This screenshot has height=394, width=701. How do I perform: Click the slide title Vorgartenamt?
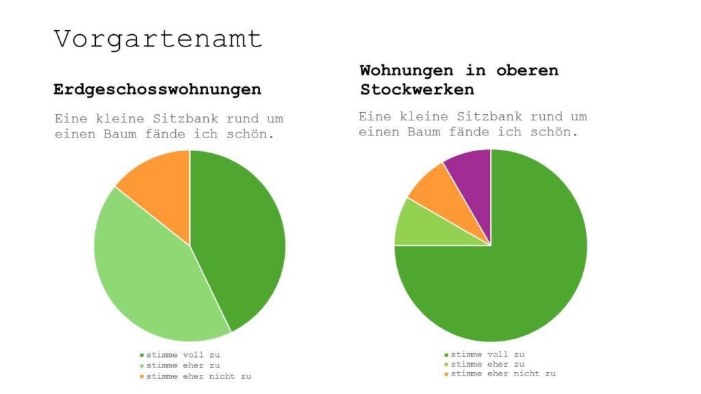(x=158, y=38)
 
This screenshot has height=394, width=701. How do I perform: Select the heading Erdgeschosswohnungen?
(x=157, y=90)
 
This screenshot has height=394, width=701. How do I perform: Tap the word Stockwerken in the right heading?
(x=417, y=90)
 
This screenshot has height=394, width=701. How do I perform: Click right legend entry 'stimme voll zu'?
(x=487, y=354)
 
